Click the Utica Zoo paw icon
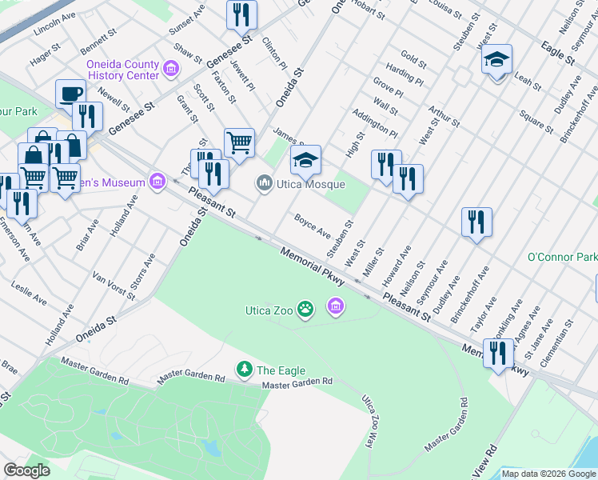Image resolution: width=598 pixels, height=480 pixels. (x=305, y=308)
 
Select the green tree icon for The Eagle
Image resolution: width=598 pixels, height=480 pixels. (x=245, y=370)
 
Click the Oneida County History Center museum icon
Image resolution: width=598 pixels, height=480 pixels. (x=169, y=70)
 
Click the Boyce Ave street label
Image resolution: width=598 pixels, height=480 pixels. (x=312, y=225)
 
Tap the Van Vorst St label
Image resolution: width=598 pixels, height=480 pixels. (x=114, y=286)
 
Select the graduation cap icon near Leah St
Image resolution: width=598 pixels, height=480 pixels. (x=496, y=61)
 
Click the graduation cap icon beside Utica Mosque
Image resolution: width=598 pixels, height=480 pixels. (x=305, y=162)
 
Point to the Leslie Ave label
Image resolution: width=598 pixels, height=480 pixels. (x=28, y=292)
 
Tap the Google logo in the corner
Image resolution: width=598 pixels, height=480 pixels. (x=26, y=470)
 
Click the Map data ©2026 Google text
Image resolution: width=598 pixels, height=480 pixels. (x=548, y=474)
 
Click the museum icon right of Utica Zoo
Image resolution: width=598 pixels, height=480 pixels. (x=335, y=306)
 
